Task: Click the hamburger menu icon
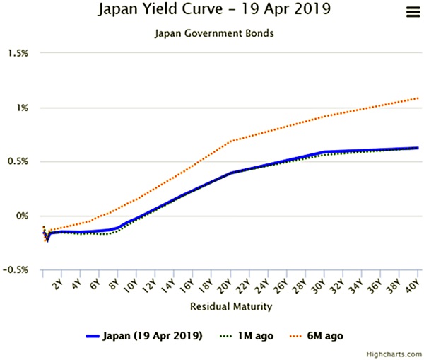(x=412, y=11)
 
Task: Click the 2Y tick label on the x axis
(x=58, y=284)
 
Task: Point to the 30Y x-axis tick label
(x=320, y=285)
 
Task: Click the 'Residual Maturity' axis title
(x=230, y=307)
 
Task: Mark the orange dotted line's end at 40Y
(x=418, y=98)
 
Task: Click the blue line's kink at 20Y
(x=231, y=173)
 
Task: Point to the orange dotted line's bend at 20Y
(x=231, y=141)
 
